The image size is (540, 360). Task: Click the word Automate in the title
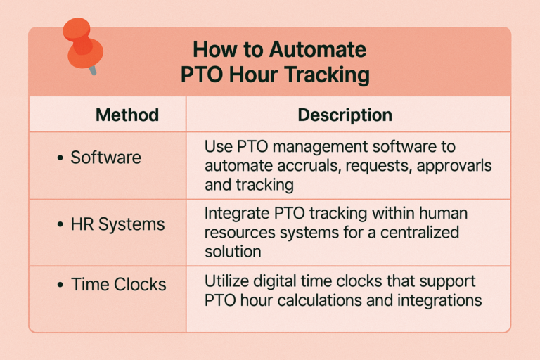coord(318,50)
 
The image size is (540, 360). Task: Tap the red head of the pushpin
coord(82,42)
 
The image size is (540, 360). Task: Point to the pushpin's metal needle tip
coord(94,72)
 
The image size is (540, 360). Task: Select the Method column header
coord(127,115)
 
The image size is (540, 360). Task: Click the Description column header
coord(345,115)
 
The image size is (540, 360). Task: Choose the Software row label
coord(105,157)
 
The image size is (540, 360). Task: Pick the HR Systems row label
coord(117,224)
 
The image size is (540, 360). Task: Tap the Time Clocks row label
coord(118,285)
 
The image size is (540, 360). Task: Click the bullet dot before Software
coord(60,158)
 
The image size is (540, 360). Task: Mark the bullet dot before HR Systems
coord(60,224)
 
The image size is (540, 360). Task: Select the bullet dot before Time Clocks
coord(60,285)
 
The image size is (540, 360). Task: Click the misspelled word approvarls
coord(454,166)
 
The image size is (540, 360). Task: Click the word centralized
coord(420,232)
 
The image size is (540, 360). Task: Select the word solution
coord(233,251)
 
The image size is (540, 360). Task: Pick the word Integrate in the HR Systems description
coord(237,214)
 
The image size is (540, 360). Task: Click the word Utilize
coord(227,281)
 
